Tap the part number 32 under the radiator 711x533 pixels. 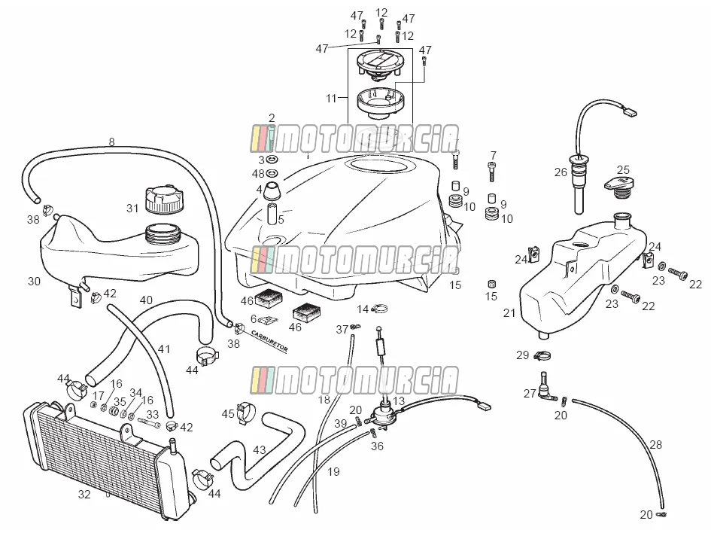[84, 495]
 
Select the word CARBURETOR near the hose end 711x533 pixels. [269, 341]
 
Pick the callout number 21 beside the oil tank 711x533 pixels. [509, 313]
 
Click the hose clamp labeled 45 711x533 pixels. [245, 413]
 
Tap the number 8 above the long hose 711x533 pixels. [111, 142]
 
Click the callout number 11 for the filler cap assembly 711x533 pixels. [331, 98]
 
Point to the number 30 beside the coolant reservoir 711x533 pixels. [34, 282]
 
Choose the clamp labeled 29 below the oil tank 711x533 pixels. [542, 356]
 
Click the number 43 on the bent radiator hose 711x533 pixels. [260, 450]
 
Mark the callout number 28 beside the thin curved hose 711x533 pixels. [655, 445]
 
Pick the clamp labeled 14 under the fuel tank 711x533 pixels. [379, 309]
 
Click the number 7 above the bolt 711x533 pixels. [494, 156]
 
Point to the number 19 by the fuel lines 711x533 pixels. [333, 472]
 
